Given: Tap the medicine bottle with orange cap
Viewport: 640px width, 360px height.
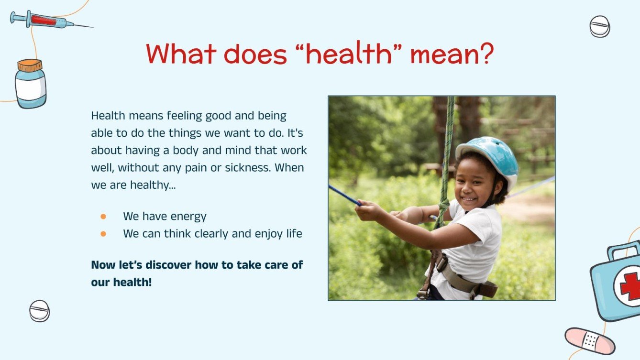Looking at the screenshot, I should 31,84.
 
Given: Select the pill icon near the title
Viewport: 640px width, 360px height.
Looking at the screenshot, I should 599,26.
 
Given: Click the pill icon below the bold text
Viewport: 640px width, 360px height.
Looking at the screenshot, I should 39,311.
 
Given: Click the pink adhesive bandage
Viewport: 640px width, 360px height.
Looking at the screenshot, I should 590,340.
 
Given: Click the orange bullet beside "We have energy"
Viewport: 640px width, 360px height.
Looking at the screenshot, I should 103,217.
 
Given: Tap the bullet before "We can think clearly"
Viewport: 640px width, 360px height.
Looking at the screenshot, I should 103,234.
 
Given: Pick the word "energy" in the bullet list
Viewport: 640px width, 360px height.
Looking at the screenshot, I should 188,217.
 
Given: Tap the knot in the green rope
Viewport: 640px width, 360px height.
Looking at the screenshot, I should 444,207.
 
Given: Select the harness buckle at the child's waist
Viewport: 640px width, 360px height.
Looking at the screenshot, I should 443,262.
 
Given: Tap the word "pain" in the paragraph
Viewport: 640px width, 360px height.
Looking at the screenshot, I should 208,168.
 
